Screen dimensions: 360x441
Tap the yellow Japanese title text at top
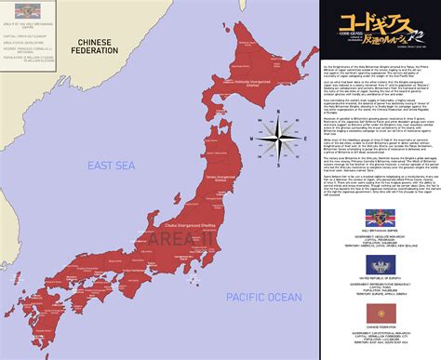tap(377, 20)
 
